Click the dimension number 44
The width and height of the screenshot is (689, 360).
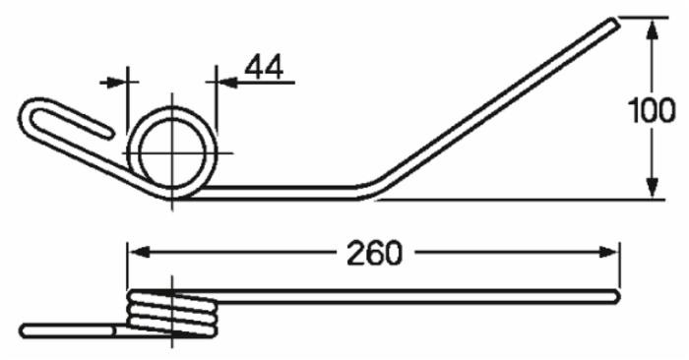[264, 68]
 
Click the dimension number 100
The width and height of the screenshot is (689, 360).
[652, 110]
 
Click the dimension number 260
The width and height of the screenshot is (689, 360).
[374, 253]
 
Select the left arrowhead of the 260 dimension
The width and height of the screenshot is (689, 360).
[139, 253]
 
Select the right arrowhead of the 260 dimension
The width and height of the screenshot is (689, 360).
[608, 253]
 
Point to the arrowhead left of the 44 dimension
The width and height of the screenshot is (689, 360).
[115, 82]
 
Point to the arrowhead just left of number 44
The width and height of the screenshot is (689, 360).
[227, 82]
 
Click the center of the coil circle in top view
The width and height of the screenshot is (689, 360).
[172, 152]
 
